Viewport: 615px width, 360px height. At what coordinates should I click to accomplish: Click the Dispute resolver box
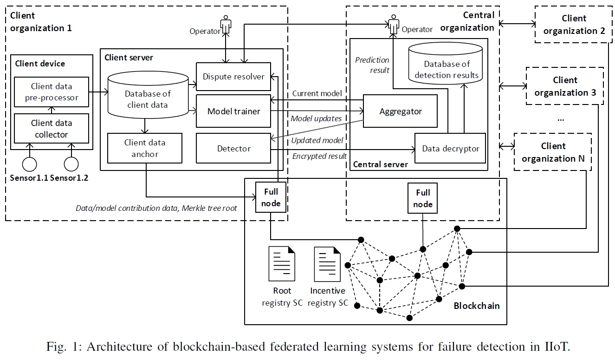tap(233, 77)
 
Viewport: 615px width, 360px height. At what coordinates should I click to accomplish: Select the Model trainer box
tap(233, 111)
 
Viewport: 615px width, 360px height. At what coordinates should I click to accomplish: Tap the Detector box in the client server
tap(233, 148)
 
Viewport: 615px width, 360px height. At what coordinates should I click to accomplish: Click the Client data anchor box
tap(145, 148)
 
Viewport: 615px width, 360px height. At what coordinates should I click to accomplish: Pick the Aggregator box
tap(400, 111)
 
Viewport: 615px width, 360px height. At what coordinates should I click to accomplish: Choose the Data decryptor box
tap(450, 148)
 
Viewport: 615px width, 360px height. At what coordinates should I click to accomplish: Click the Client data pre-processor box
tap(52, 92)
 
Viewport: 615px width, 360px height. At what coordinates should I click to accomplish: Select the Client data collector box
tap(52, 128)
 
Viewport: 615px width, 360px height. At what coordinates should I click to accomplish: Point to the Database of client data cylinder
tap(148, 95)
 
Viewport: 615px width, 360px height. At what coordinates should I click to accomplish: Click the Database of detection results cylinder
tap(446, 63)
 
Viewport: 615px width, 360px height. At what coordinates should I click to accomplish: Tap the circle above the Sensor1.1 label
tap(29, 164)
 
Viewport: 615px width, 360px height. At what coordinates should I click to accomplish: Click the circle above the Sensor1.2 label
tap(71, 164)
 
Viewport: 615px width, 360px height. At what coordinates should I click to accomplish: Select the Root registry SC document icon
tap(282, 264)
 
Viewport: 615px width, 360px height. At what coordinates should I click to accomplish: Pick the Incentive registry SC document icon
tap(328, 264)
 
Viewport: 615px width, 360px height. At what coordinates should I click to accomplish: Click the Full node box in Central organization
tap(422, 198)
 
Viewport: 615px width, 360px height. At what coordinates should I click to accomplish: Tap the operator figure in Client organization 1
tap(226, 25)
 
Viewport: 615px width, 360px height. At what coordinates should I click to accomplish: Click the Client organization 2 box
tap(574, 25)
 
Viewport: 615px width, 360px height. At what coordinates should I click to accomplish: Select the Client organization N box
tap(553, 152)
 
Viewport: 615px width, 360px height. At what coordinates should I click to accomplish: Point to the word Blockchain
tap(477, 306)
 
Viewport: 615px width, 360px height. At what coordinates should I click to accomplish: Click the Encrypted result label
tap(319, 157)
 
